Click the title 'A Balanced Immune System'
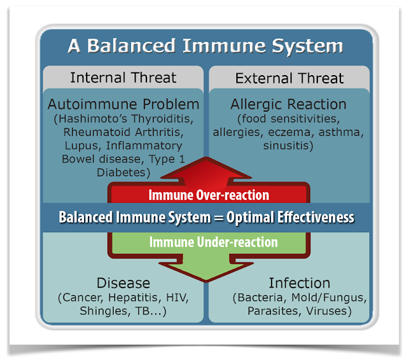[205, 47]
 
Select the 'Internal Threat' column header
[123, 78]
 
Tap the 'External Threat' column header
[289, 79]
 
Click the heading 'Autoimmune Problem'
[123, 104]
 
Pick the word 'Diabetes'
[123, 173]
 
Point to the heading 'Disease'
[123, 283]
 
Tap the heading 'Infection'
[290, 283]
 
